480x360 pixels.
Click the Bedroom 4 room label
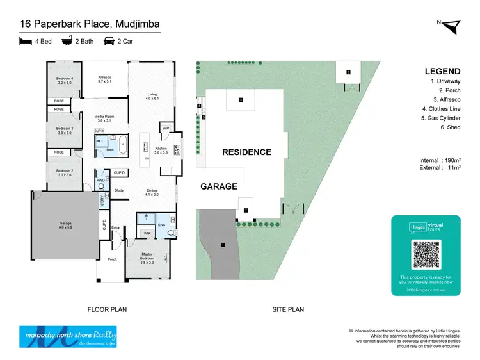tap(65, 80)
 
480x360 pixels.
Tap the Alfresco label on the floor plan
tap(105, 79)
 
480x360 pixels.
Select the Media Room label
tap(104, 119)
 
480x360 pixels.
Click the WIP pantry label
tap(165, 128)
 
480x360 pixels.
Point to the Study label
tap(119, 190)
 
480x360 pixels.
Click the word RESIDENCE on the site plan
tap(246, 152)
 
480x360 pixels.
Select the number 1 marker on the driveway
tap(223, 245)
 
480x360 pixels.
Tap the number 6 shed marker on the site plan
tap(348, 72)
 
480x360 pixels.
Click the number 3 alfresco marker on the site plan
tap(240, 100)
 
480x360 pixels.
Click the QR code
tap(426, 255)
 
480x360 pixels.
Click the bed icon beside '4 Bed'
tap(26, 42)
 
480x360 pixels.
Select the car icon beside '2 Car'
tap(109, 42)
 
